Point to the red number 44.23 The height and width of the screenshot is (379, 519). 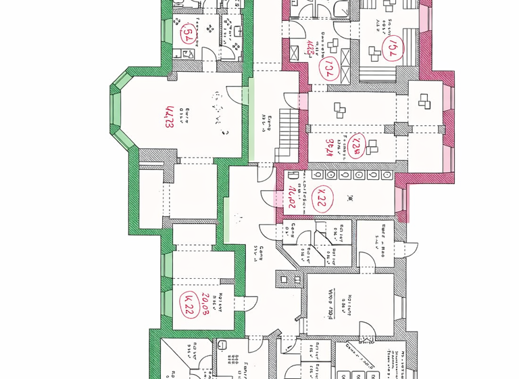tap(168, 116)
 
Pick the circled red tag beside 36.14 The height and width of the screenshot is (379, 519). tap(357, 145)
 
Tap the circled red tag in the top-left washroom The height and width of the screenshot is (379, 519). tap(187, 35)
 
